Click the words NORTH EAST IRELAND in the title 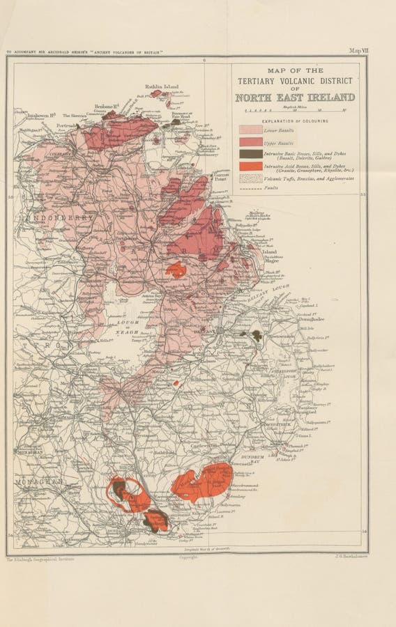(294, 98)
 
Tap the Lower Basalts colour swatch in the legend (250, 130)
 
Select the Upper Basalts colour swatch (250, 141)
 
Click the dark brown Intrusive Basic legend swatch (250, 154)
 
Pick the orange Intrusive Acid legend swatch (250, 166)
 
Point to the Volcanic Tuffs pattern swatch (250, 178)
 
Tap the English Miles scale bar (293, 111)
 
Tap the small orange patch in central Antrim (176, 270)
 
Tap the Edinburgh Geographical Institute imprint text (40, 559)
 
